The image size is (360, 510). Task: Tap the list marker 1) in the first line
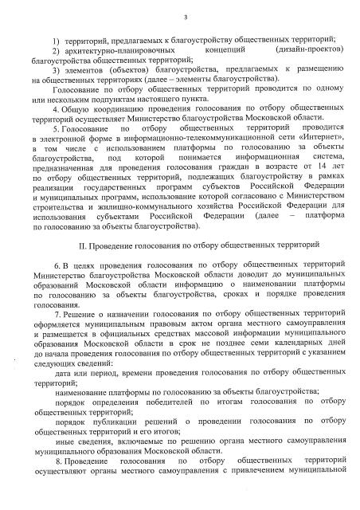click(x=54, y=40)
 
